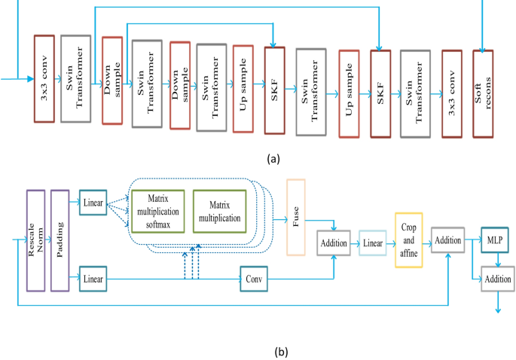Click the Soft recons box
click(482, 95)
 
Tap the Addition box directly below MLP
click(497, 279)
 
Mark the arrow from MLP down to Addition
click(496, 259)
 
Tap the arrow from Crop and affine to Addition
click(426, 241)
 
